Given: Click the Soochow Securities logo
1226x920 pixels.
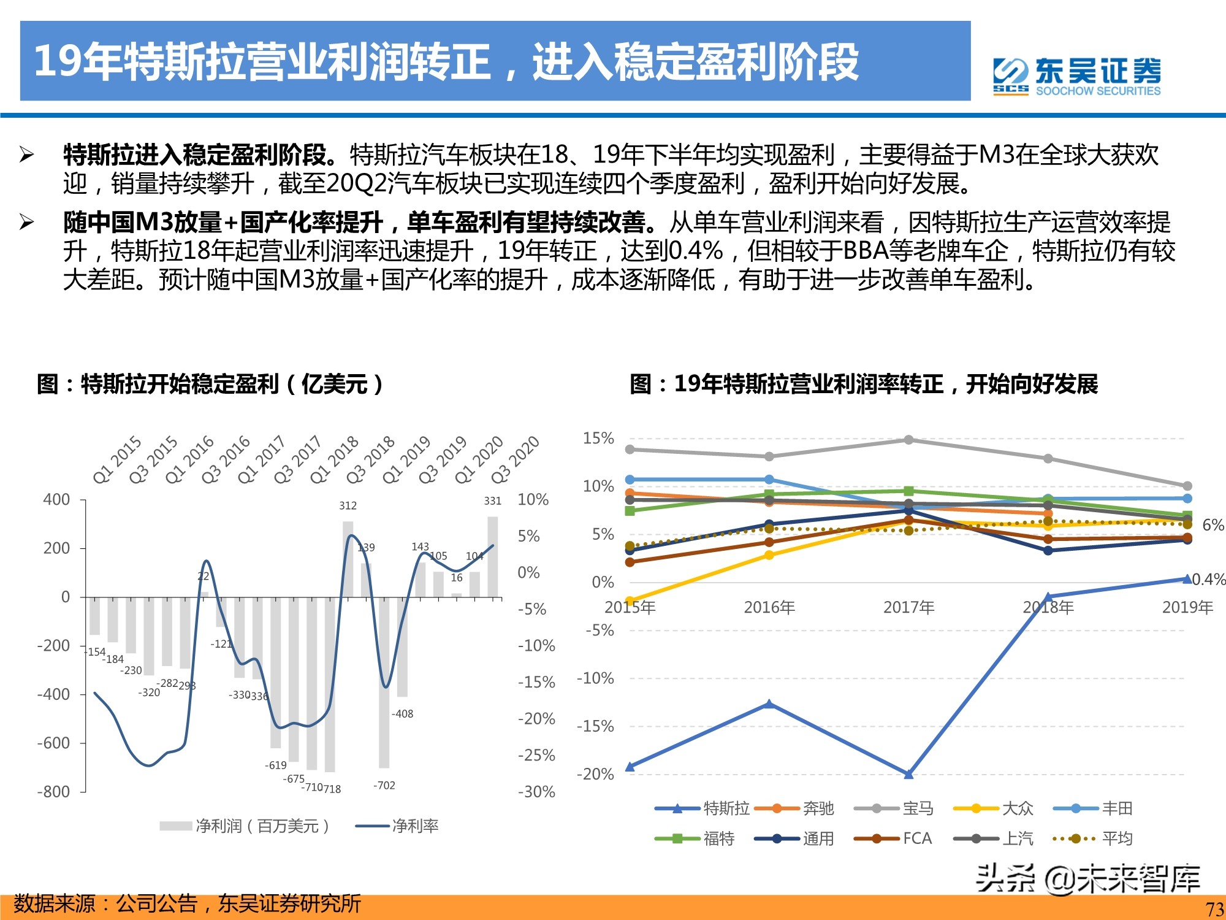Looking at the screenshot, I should tap(1077, 77).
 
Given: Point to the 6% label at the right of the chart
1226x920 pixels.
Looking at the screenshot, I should tap(1213, 525).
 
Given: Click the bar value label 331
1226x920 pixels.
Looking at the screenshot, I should tap(492, 501).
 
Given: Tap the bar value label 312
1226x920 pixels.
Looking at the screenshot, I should tap(348, 505).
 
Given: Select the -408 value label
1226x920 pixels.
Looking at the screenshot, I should tap(403, 714).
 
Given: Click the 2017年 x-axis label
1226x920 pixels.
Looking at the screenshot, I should tap(908, 607).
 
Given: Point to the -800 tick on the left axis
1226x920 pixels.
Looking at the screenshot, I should tap(53, 792).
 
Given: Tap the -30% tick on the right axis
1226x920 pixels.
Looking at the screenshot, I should tap(536, 792).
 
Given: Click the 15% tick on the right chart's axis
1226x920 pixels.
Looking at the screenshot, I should tap(598, 438).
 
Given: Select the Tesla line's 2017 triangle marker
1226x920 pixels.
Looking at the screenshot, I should tap(908, 774).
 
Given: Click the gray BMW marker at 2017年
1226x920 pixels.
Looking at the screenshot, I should tap(908, 440).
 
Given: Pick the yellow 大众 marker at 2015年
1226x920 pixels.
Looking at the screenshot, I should tap(630, 601).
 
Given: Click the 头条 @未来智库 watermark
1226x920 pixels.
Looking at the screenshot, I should tap(1088, 878).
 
